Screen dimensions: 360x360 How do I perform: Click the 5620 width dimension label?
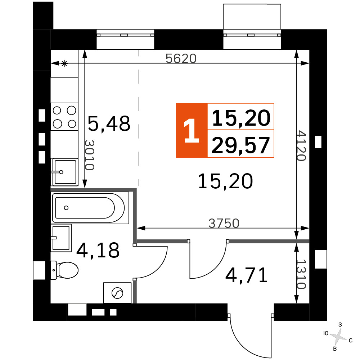pos(181,58)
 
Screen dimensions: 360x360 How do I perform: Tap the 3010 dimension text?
pos(90,155)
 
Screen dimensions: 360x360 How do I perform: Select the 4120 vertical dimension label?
pos(301,146)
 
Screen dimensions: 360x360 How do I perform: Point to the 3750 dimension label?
pos(224,223)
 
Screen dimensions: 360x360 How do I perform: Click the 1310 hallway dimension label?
pos(301,274)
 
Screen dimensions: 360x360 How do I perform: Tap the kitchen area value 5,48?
pos(109,123)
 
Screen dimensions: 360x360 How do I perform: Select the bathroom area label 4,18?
pos(98,250)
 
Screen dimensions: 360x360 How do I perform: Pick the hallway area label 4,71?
pos(247,275)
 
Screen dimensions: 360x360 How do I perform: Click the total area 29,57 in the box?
pos(240,145)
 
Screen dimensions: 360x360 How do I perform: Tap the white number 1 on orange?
pos(191,130)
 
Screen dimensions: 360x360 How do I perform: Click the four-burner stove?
pos(64,117)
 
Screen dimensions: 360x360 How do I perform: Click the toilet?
pos(64,270)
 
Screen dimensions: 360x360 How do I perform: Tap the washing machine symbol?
pos(117,293)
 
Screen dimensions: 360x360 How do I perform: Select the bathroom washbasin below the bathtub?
pos(61,238)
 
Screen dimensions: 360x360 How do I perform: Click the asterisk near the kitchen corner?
pos(64,63)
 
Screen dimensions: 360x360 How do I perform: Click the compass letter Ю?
pos(326,333)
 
